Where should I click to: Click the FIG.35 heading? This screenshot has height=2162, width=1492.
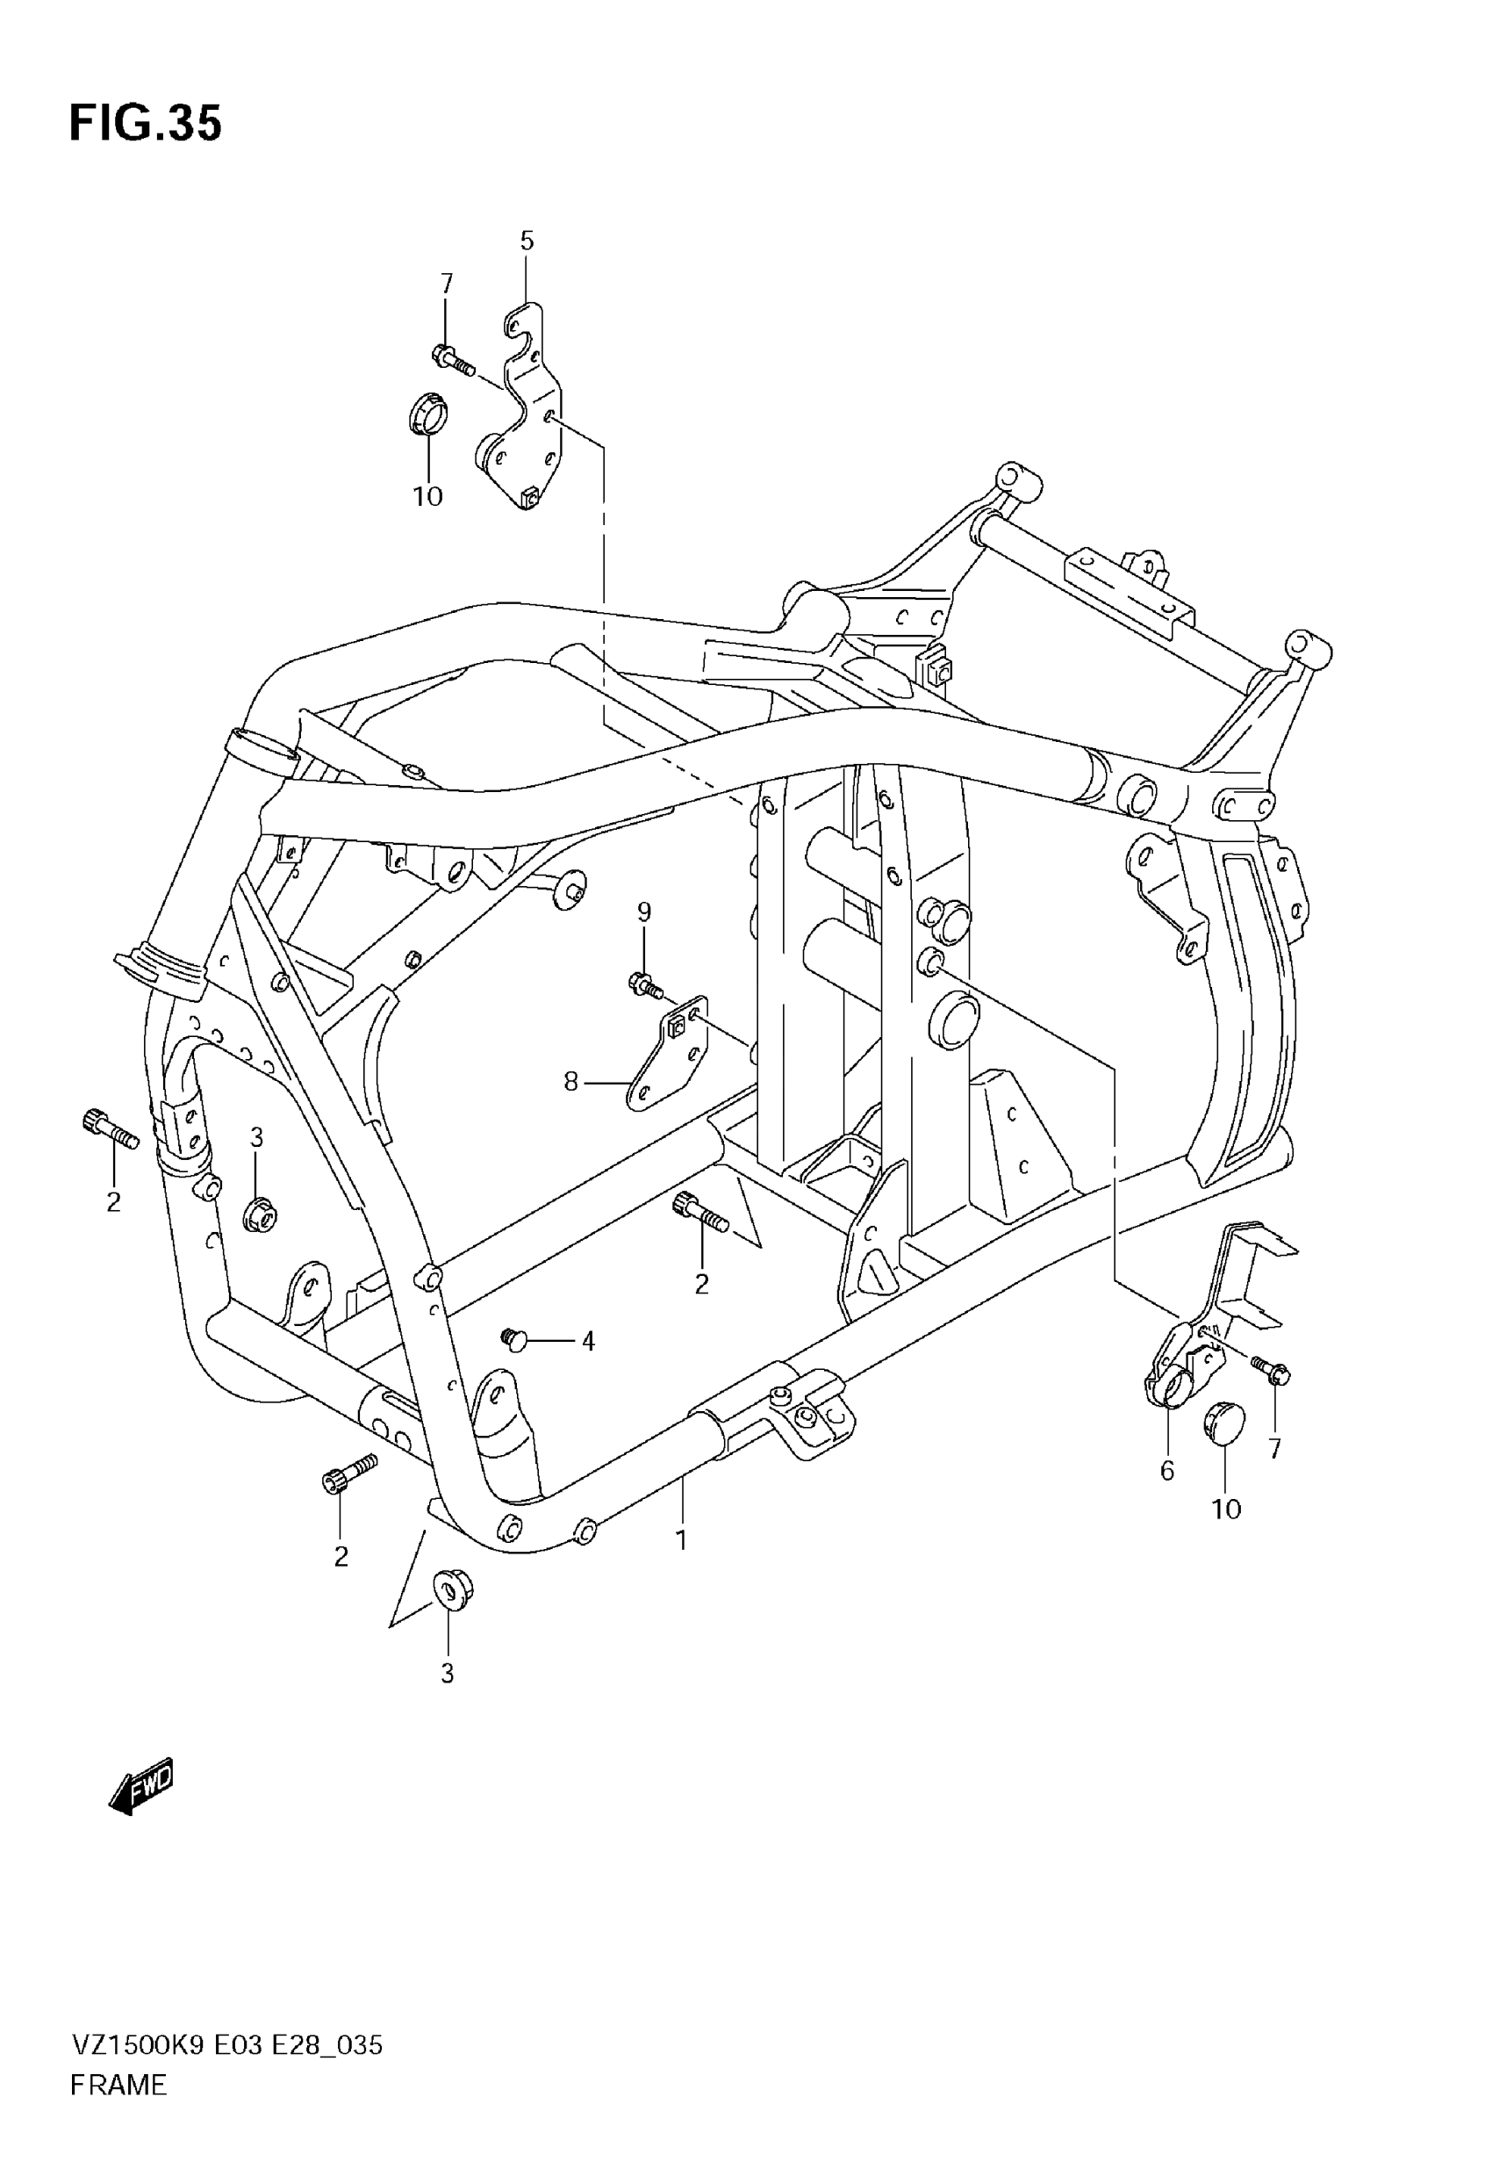[146, 124]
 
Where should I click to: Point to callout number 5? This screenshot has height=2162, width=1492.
[527, 241]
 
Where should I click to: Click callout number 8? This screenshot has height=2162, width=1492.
[571, 1082]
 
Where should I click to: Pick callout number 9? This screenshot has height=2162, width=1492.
[644, 912]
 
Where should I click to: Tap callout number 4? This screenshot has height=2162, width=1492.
[588, 1342]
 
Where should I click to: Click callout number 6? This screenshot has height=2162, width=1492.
[1166, 1471]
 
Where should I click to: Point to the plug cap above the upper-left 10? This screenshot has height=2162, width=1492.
[428, 414]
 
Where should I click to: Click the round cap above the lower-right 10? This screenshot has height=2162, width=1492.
[1223, 1423]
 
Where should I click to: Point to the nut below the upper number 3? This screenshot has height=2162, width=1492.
[258, 1215]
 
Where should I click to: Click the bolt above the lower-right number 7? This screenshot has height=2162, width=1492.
[1271, 1369]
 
